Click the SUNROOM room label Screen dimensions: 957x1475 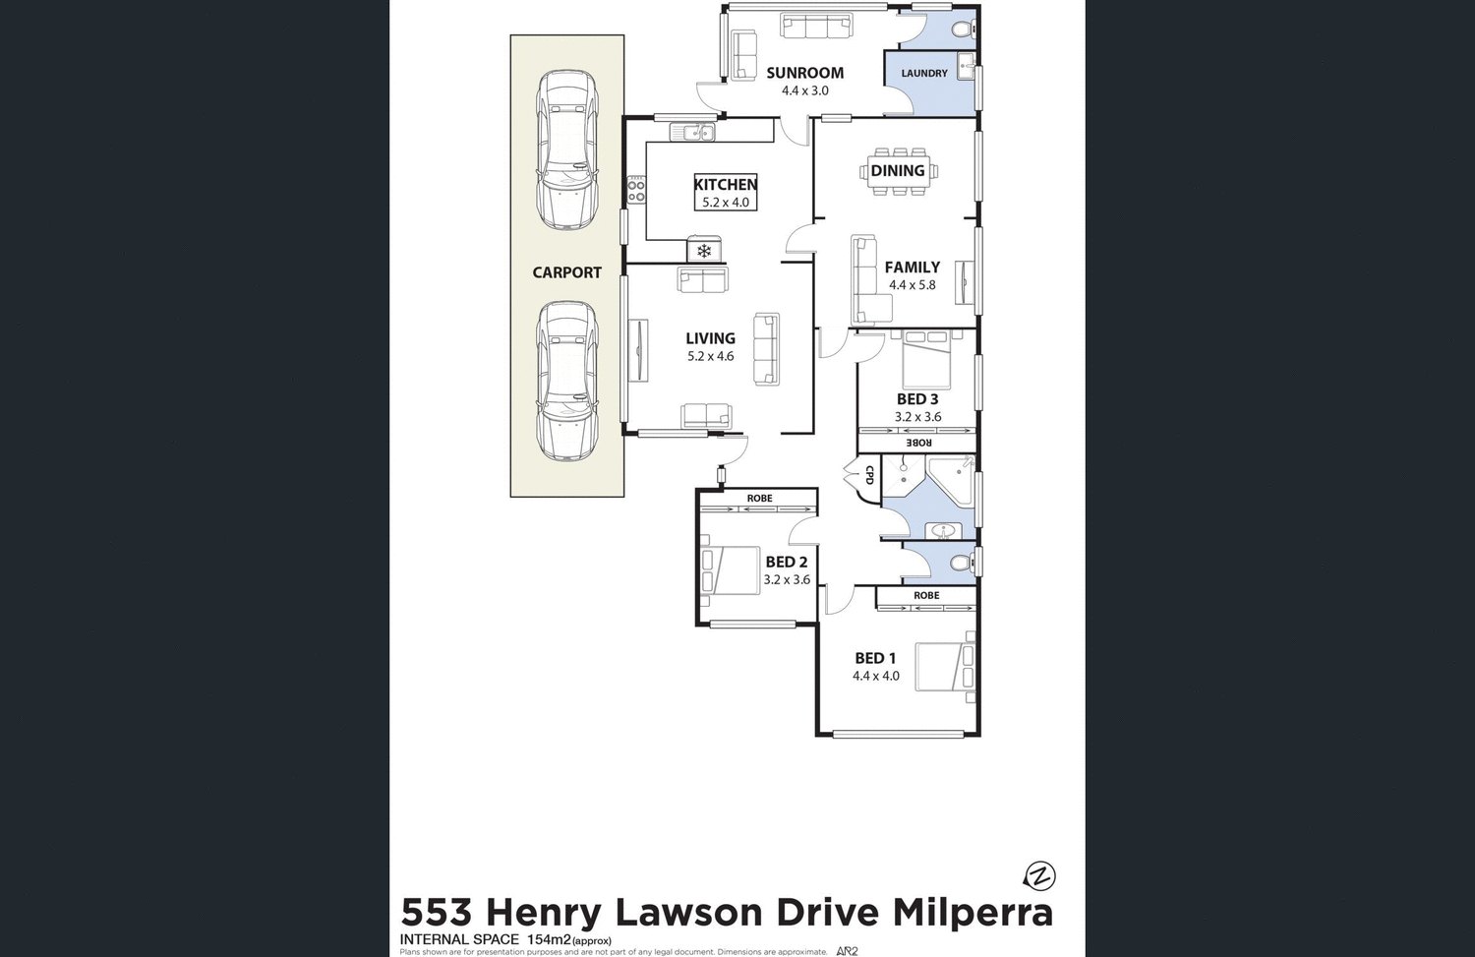[x=804, y=73]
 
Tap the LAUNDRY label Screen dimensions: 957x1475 [x=924, y=74]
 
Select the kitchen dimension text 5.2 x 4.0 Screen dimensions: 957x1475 [x=726, y=203]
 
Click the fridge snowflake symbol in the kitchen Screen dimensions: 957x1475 [x=704, y=251]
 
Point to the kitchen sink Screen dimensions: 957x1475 [x=692, y=132]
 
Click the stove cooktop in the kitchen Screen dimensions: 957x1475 [x=636, y=190]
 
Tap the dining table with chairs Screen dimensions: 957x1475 [x=899, y=171]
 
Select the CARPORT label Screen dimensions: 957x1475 [x=566, y=272]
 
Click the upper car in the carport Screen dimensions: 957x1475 [x=567, y=150]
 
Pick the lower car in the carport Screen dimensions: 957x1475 [x=567, y=382]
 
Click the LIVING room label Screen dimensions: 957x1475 [x=710, y=338]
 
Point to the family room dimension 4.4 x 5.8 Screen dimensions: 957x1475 [x=913, y=285]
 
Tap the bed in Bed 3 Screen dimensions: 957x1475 [x=926, y=359]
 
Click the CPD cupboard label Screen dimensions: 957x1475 [x=869, y=475]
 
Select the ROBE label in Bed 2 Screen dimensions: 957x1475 [x=759, y=499]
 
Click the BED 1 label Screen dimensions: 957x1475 [x=875, y=658]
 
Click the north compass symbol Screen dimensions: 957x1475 [x=1039, y=875]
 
